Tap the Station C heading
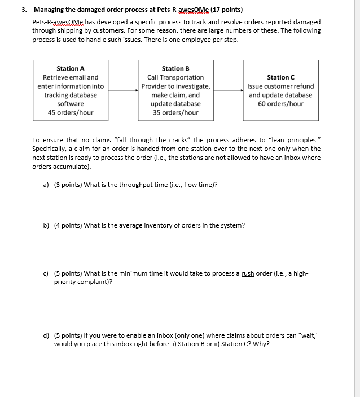click(x=280, y=77)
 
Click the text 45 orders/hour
click(x=71, y=112)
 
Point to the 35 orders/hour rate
click(x=175, y=112)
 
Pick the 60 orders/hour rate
click(x=280, y=104)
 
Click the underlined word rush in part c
click(x=248, y=273)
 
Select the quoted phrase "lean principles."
click(x=296, y=140)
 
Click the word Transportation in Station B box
click(x=183, y=77)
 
